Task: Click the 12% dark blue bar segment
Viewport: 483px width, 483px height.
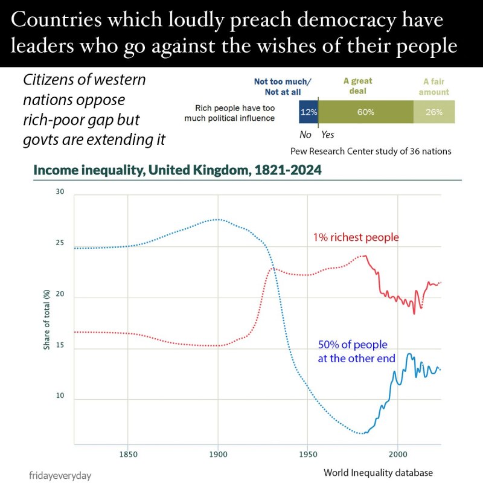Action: coord(309,112)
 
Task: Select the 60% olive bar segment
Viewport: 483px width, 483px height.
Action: coord(365,112)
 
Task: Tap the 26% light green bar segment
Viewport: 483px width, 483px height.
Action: coord(433,112)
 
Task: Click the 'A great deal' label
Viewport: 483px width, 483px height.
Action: coord(358,86)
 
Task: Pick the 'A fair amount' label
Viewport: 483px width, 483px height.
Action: coord(435,86)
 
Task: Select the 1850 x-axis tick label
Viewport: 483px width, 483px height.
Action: coord(127,453)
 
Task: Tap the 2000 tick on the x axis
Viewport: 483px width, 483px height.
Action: coord(397,453)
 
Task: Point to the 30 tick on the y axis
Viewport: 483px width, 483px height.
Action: coord(59,192)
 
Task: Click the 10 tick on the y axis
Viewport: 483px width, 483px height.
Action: coord(59,400)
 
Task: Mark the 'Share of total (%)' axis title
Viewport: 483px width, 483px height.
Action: coord(46,320)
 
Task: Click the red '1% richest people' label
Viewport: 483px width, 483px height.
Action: coord(356,237)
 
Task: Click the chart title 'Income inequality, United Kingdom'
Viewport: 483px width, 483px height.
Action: coord(177,170)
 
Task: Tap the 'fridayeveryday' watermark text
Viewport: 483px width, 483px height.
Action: coord(60,475)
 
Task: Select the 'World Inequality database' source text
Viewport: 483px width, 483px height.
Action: coord(378,472)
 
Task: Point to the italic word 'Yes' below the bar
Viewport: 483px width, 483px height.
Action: coord(328,135)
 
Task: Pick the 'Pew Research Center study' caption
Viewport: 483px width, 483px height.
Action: coord(370,151)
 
